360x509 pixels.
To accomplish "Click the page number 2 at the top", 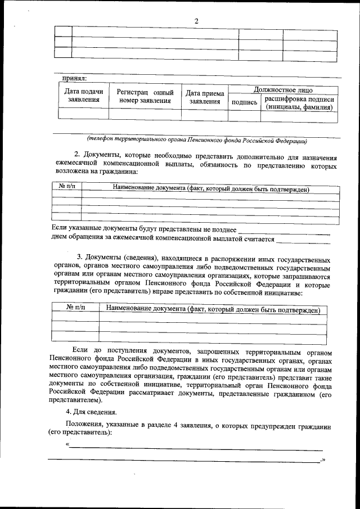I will point(196,21).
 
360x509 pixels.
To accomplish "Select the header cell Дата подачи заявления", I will point(84,96).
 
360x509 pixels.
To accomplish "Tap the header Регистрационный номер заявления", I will point(145,96).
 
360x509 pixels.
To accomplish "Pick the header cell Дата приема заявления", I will point(205,97).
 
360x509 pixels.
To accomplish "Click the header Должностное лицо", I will point(283,89).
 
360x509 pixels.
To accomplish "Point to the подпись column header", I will point(244,102).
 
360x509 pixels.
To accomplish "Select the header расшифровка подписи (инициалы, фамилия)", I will point(299,102).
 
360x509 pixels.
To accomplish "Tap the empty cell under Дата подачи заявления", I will point(84,115).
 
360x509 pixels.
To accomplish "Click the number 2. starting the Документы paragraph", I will point(78,154).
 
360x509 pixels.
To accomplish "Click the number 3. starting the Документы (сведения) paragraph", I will point(80,257).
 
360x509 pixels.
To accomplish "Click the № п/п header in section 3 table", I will point(75,309).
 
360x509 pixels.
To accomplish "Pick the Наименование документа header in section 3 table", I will point(213,309).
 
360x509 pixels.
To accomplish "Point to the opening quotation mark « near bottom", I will point(68,445).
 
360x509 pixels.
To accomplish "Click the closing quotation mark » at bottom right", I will point(323,460).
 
